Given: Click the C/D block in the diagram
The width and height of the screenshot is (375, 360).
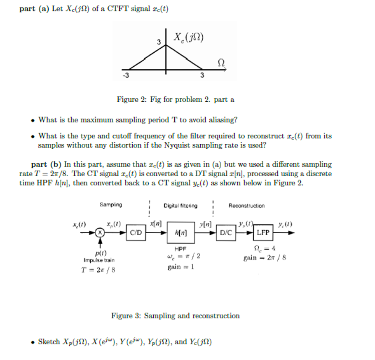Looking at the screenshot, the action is pyautogui.click(x=136, y=232).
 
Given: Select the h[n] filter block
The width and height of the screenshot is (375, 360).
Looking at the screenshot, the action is pyautogui.click(x=180, y=233).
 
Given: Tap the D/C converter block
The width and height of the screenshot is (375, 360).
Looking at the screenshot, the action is pyautogui.click(x=226, y=232).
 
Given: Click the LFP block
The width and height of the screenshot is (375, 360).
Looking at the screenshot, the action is pyautogui.click(x=263, y=232).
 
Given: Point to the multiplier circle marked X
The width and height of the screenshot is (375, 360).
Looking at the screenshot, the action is pyautogui.click(x=99, y=232).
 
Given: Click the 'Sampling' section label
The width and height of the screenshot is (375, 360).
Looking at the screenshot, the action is pyautogui.click(x=110, y=205).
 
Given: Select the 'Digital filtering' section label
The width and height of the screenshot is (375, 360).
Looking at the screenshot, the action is pyautogui.click(x=180, y=206).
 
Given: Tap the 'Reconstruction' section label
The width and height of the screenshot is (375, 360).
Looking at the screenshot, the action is pyautogui.click(x=246, y=206).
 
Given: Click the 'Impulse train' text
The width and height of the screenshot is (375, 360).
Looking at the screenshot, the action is pyautogui.click(x=99, y=260).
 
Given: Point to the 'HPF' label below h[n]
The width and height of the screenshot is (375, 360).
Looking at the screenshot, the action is pyautogui.click(x=180, y=249).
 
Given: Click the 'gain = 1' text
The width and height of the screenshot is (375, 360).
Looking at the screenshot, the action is pyautogui.click(x=180, y=267).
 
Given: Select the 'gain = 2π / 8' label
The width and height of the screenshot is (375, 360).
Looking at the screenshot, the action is pyautogui.click(x=265, y=258).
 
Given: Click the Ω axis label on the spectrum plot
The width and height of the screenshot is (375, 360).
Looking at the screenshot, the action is pyautogui.click(x=221, y=62).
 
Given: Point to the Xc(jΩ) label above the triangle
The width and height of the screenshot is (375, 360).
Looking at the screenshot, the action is pyautogui.click(x=189, y=38).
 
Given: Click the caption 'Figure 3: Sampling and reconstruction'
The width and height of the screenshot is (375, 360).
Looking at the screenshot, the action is pyautogui.click(x=175, y=316).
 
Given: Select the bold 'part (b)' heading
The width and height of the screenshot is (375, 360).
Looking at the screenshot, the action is pyautogui.click(x=46, y=164).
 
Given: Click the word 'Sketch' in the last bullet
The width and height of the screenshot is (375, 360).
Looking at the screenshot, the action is pyautogui.click(x=49, y=341).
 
